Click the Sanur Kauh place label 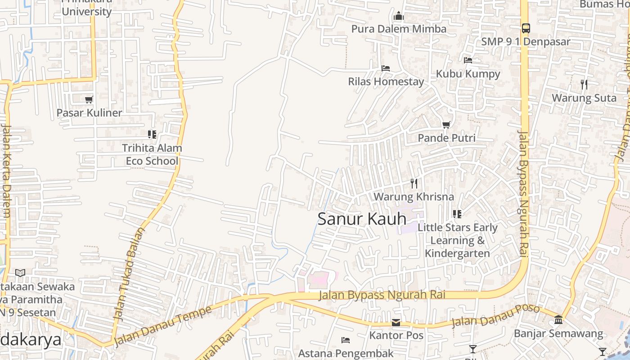362,219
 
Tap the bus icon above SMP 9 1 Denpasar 526,28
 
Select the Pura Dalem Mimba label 399,29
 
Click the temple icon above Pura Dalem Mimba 398,17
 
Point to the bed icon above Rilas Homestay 386,68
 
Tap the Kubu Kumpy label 468,74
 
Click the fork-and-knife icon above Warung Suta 584,84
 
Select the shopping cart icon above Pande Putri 446,125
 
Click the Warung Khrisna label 414,197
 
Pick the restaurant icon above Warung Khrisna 414,183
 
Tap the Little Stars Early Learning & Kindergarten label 458,240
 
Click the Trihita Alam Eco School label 152,154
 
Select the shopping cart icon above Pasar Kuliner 89,99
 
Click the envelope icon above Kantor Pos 396,323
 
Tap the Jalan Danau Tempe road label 162,326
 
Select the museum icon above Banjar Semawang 558,319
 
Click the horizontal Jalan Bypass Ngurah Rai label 382,295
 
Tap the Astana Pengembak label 346,353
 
